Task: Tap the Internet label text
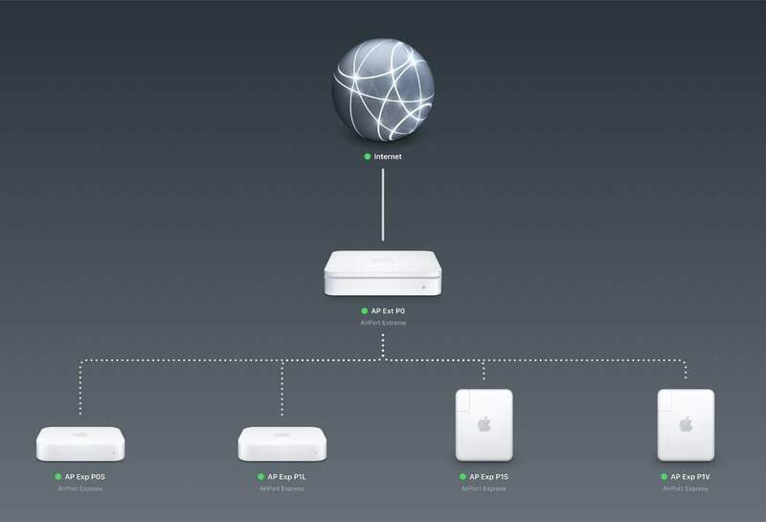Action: (x=388, y=156)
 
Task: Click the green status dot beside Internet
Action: (x=367, y=156)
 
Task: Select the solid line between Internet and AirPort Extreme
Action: (x=382, y=205)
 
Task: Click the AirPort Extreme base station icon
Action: (x=383, y=275)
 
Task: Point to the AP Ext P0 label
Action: (x=389, y=312)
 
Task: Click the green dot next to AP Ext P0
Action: (x=363, y=312)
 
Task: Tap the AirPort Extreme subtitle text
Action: (x=383, y=326)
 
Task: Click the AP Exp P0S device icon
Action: (x=80, y=443)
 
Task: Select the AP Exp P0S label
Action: (x=86, y=475)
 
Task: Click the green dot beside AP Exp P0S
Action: (x=57, y=475)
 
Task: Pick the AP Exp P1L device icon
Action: (x=282, y=443)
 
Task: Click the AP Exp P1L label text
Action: (x=287, y=475)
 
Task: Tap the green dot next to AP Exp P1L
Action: (x=259, y=475)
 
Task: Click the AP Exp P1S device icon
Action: (x=484, y=425)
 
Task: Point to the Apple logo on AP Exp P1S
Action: (x=484, y=422)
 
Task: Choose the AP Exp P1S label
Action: (x=490, y=475)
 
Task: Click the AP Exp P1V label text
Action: (x=691, y=475)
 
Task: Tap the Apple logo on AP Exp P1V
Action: (x=686, y=422)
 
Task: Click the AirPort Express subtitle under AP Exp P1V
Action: (x=686, y=488)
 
